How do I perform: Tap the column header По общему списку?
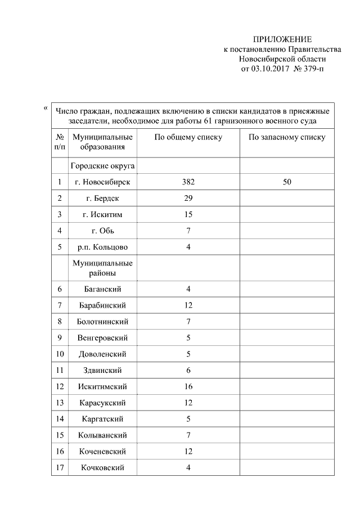[x=188, y=137]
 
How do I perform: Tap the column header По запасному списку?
[x=287, y=137]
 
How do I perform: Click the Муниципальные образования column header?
[x=102, y=142]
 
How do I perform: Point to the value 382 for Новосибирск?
[x=188, y=182]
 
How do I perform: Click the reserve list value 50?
[x=287, y=182]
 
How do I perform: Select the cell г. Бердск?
[x=102, y=199]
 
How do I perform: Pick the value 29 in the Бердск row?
[x=188, y=199]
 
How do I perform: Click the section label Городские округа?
[x=102, y=166]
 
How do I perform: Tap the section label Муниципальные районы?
[x=102, y=268]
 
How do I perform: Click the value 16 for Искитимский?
[x=188, y=386]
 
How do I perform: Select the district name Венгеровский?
[x=102, y=337]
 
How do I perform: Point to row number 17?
[x=59, y=467]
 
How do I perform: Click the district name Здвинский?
[x=102, y=370]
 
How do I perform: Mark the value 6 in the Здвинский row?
[x=188, y=370]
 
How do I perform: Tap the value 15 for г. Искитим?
[x=188, y=215]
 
